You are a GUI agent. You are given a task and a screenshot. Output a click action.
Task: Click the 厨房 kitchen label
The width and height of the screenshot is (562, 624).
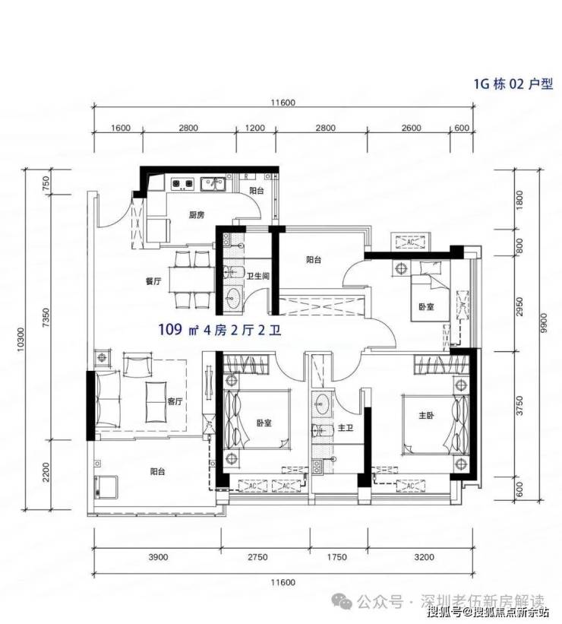(x=196, y=215)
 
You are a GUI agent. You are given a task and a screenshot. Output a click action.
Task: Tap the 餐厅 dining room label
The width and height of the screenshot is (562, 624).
(x=153, y=281)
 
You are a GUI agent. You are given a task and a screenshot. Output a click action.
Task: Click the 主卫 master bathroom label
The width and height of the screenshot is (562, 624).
(x=346, y=429)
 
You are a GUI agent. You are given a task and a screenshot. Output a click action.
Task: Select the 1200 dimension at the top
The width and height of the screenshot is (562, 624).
(x=255, y=128)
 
